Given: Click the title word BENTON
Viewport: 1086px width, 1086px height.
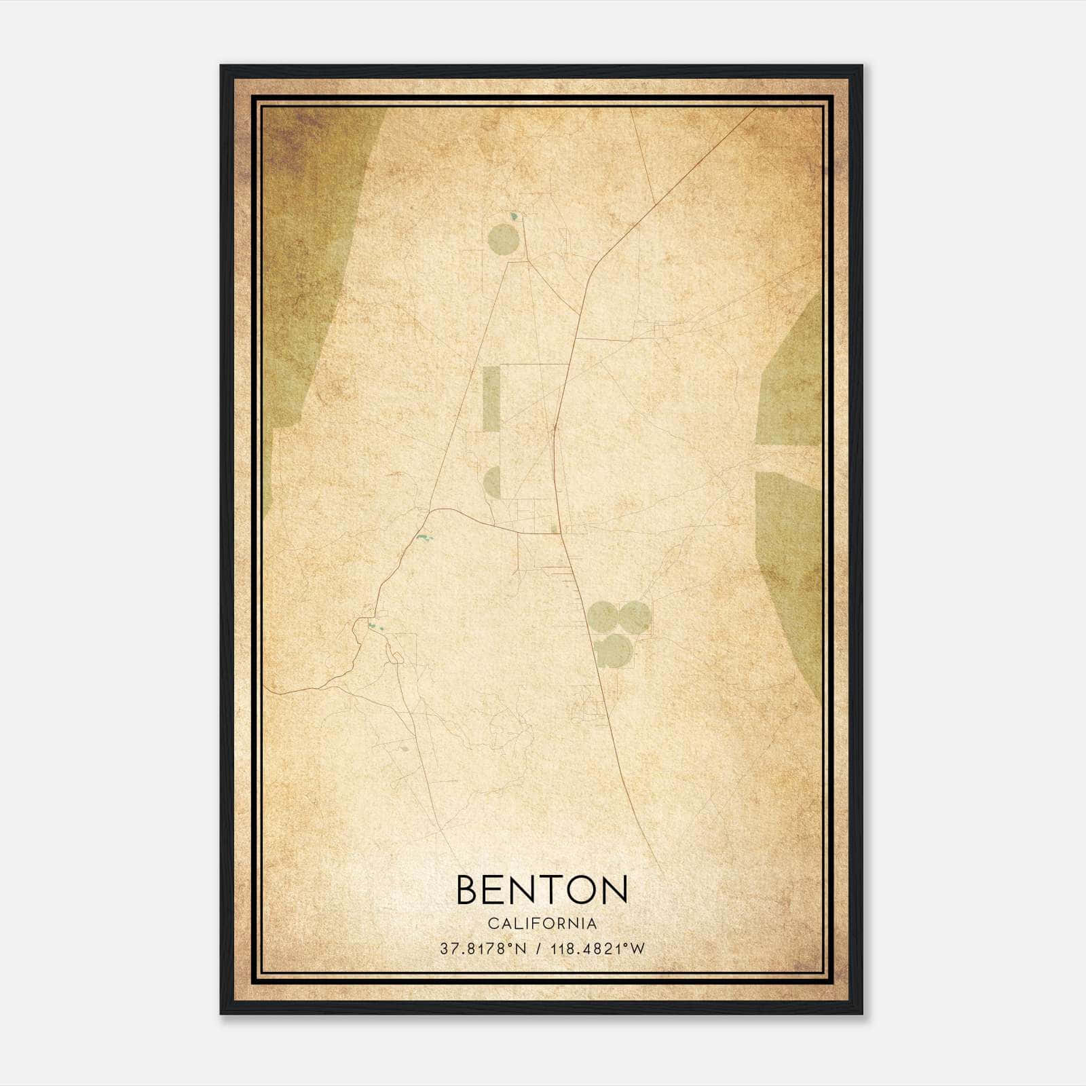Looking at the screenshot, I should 542,889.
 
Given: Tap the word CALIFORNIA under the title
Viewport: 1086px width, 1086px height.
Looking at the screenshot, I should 542,924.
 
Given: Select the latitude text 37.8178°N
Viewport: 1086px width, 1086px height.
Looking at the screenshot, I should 483,949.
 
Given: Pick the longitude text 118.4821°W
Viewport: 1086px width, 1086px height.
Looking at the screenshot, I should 597,949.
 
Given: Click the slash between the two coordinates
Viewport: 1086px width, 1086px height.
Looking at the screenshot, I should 538,949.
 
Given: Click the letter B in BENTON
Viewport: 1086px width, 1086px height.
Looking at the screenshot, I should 468,889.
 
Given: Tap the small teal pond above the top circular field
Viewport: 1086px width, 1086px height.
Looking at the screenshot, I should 514,217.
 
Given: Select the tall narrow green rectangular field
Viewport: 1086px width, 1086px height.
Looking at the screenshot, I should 490,398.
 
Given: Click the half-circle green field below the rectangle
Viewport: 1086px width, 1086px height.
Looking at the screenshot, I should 493,482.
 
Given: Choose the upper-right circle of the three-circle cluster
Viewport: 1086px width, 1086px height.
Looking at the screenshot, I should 635,616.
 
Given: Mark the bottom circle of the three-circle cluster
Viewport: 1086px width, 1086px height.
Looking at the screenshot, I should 615,650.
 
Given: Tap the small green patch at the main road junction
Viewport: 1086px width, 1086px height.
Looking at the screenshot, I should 555,528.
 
